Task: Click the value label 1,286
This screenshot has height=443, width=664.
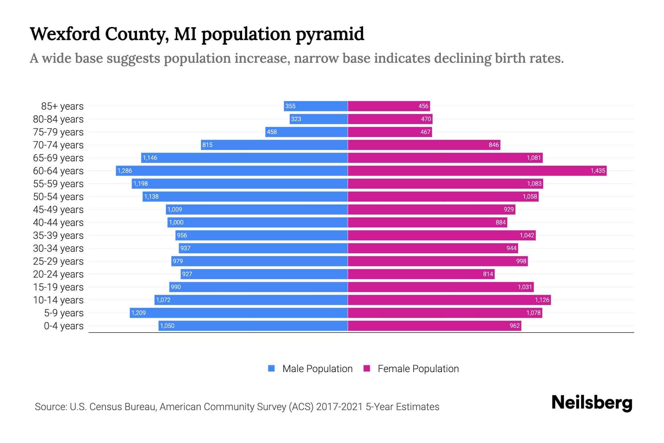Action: pyautogui.click(x=125, y=171)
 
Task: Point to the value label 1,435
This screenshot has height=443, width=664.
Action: pyautogui.click(x=598, y=171)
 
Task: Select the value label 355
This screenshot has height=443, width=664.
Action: pyautogui.click(x=290, y=106)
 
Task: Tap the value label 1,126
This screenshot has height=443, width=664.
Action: pyautogui.click(x=542, y=300)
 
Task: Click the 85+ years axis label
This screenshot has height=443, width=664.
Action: pyautogui.click(x=62, y=106)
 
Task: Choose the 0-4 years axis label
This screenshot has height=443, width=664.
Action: pyautogui.click(x=63, y=326)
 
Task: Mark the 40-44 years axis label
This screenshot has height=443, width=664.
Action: pyautogui.click(x=58, y=223)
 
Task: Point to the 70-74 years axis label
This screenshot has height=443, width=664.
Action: pyautogui.click(x=58, y=145)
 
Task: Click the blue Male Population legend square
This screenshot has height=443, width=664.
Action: pyautogui.click(x=272, y=368)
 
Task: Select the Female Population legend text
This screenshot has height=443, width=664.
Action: pyautogui.click(x=418, y=368)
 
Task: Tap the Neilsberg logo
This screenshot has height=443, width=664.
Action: pyautogui.click(x=592, y=402)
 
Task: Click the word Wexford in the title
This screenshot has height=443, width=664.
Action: pyautogui.click(x=65, y=34)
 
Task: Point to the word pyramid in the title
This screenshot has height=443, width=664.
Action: pyautogui.click(x=330, y=34)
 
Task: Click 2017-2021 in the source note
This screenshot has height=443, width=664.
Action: pyautogui.click(x=339, y=407)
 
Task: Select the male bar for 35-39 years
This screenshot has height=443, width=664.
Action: pyautogui.click(x=262, y=235)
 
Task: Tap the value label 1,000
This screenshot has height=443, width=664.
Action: pyautogui.click(x=176, y=222)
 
